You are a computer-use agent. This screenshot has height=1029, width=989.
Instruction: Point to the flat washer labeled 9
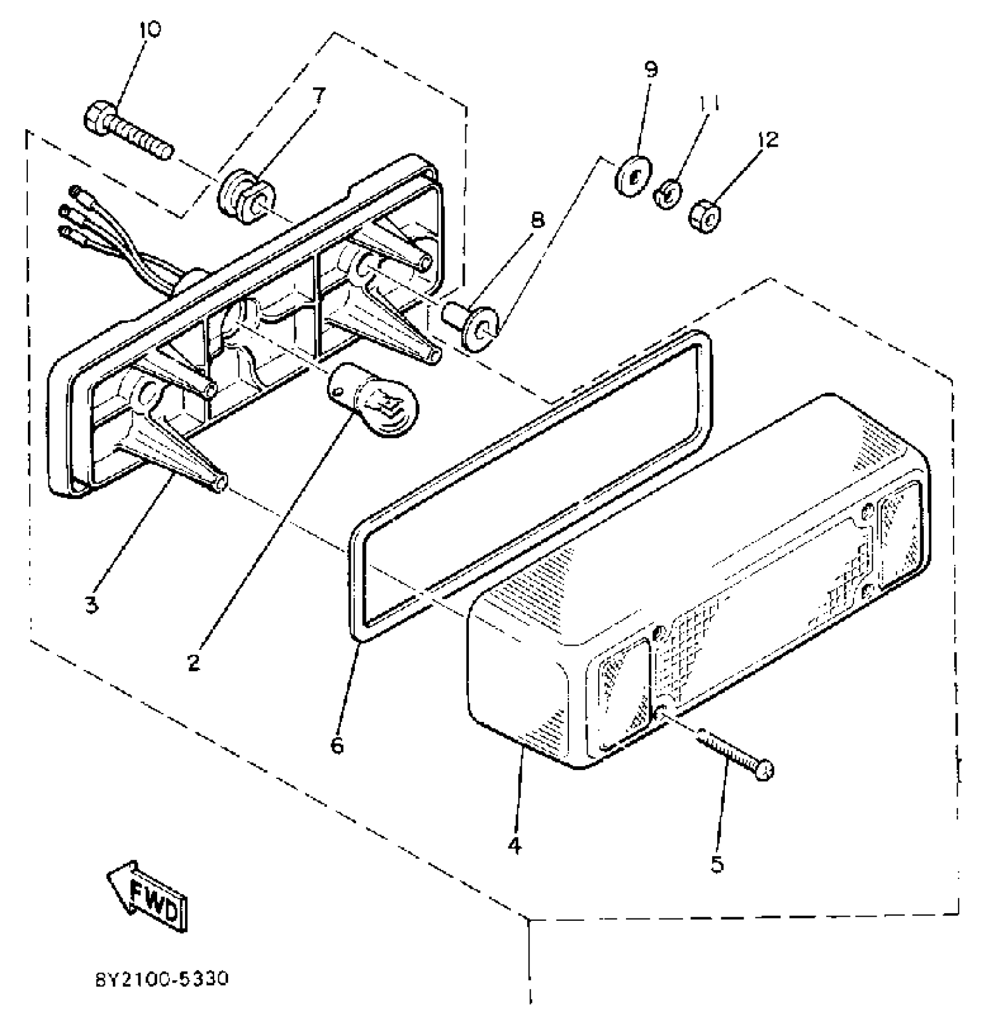click(632, 175)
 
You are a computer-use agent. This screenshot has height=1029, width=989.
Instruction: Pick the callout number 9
click(651, 70)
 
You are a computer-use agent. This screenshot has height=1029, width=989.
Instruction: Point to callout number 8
click(538, 220)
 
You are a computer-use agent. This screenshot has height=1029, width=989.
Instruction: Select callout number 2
click(194, 662)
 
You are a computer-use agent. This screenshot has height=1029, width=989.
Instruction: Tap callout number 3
click(91, 605)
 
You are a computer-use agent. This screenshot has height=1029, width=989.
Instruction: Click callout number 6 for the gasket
click(337, 745)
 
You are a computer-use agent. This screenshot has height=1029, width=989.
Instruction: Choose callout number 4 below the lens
click(514, 845)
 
